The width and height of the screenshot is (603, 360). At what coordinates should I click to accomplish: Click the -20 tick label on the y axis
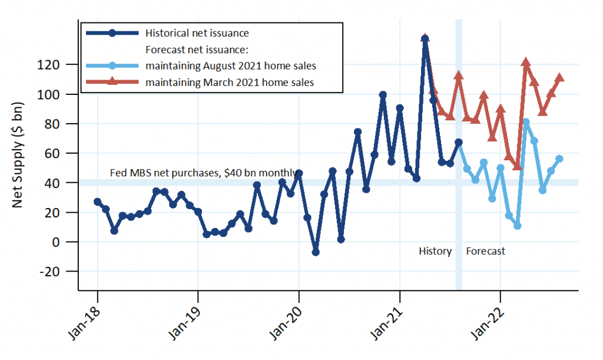click(61, 272)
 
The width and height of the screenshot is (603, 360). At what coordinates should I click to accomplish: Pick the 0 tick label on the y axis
click(68, 242)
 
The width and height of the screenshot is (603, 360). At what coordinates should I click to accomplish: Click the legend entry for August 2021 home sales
click(234, 65)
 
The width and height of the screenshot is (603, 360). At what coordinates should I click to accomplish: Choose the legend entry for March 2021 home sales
click(230, 82)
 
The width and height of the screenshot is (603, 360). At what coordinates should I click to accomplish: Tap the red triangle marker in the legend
click(112, 82)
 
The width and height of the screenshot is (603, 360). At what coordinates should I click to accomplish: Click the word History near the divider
click(435, 251)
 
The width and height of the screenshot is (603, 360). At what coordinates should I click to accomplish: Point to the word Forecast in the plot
click(485, 251)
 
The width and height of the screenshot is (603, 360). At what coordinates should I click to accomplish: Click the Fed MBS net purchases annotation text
click(203, 173)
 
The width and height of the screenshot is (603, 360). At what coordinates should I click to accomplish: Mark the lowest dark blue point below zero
click(316, 252)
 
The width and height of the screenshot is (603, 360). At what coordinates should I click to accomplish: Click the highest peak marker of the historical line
click(425, 39)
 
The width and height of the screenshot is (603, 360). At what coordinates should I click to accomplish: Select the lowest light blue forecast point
click(517, 226)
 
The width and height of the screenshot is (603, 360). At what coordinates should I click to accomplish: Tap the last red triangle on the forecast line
click(559, 78)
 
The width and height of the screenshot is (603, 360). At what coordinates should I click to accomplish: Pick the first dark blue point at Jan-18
click(97, 202)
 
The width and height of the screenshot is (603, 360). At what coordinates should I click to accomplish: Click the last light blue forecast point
click(559, 158)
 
